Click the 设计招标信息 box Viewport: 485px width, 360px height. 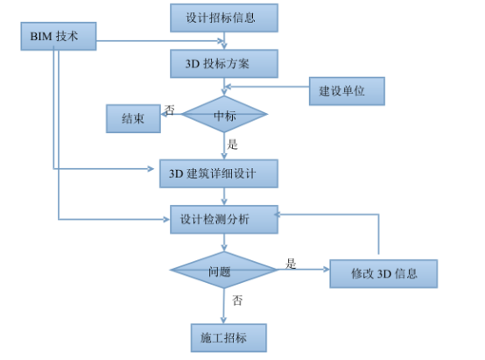(224, 18)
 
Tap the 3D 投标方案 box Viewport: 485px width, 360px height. (224, 64)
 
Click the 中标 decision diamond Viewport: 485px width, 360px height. (224, 115)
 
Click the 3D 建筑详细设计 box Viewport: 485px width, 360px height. (219, 173)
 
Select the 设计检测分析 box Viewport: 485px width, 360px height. (224, 220)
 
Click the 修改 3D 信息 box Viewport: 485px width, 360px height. (383, 273)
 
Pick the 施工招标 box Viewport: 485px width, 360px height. (227, 336)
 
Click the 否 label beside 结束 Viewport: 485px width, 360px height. (170, 110)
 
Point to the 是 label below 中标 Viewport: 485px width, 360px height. (233, 144)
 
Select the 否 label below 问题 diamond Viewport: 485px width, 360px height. (237, 300)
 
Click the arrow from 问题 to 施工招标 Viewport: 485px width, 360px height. (225, 307)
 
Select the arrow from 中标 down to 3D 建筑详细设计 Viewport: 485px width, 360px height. (225, 147)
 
